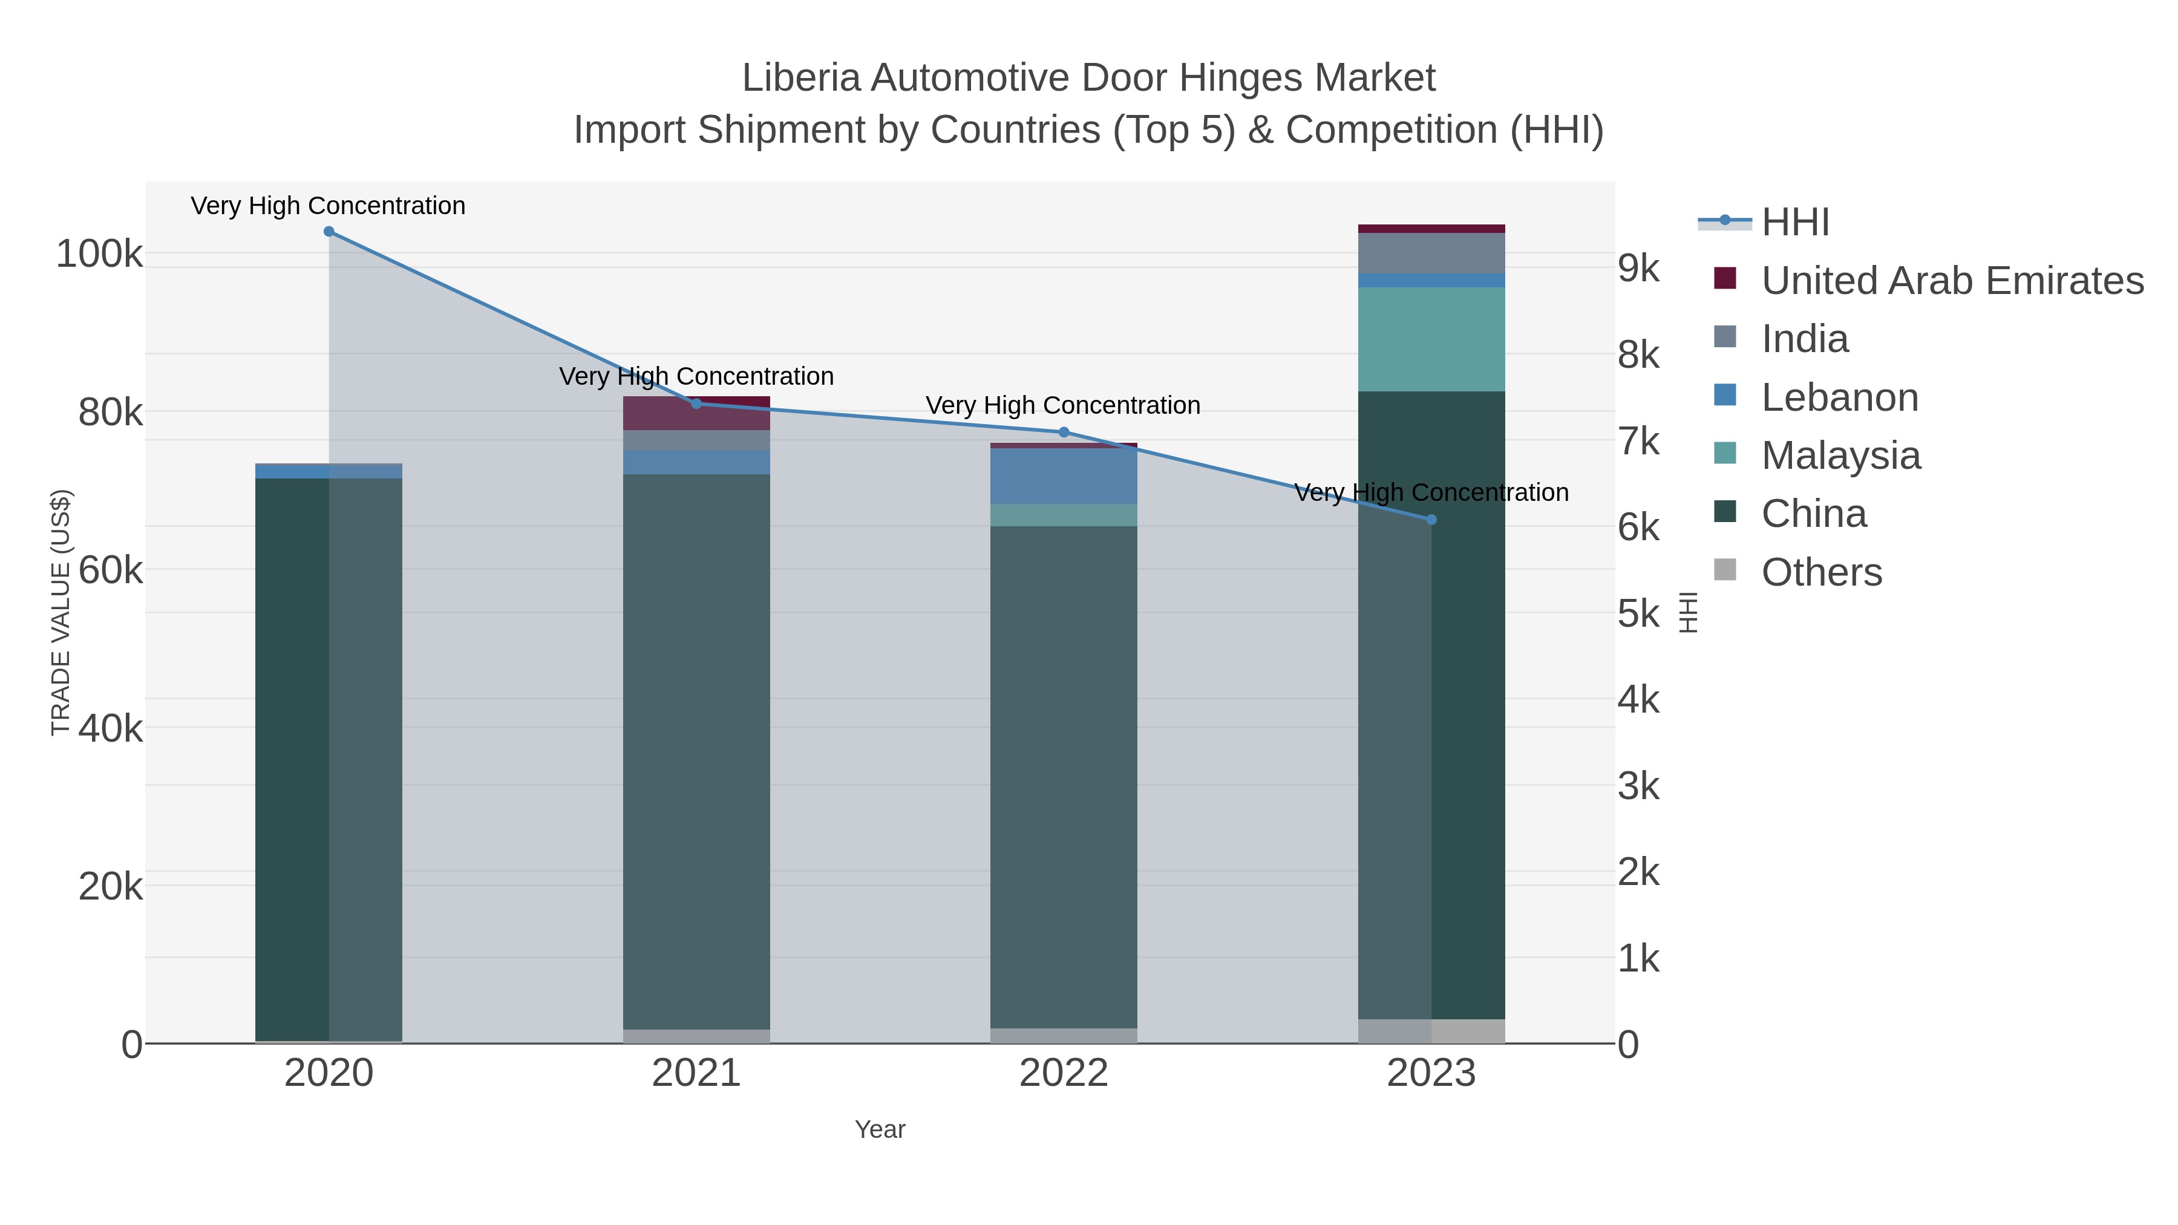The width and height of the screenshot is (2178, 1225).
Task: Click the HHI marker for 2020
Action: coord(329,232)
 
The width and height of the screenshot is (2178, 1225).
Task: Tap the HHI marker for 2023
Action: coord(1431,520)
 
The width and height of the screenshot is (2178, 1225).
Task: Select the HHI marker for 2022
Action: coord(1064,432)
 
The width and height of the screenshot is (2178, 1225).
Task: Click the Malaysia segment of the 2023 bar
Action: coord(1431,339)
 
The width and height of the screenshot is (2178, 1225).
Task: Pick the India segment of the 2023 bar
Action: coord(1431,253)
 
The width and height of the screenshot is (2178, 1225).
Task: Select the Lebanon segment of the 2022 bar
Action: coord(1064,476)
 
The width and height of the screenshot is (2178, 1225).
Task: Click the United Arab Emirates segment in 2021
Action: coord(696,413)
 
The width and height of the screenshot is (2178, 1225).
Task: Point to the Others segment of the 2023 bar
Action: coord(1431,1031)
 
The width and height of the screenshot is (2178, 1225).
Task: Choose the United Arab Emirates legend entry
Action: coord(1951,281)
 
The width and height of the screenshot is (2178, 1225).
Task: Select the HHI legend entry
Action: coord(1794,223)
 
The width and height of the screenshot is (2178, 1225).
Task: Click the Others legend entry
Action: coord(1820,572)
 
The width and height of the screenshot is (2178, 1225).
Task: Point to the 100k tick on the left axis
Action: coord(99,253)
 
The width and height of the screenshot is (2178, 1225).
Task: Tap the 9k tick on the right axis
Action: coord(1638,268)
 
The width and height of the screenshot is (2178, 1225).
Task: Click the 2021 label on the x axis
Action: coord(696,1073)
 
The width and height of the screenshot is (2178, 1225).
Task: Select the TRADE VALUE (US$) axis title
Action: coord(61,612)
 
